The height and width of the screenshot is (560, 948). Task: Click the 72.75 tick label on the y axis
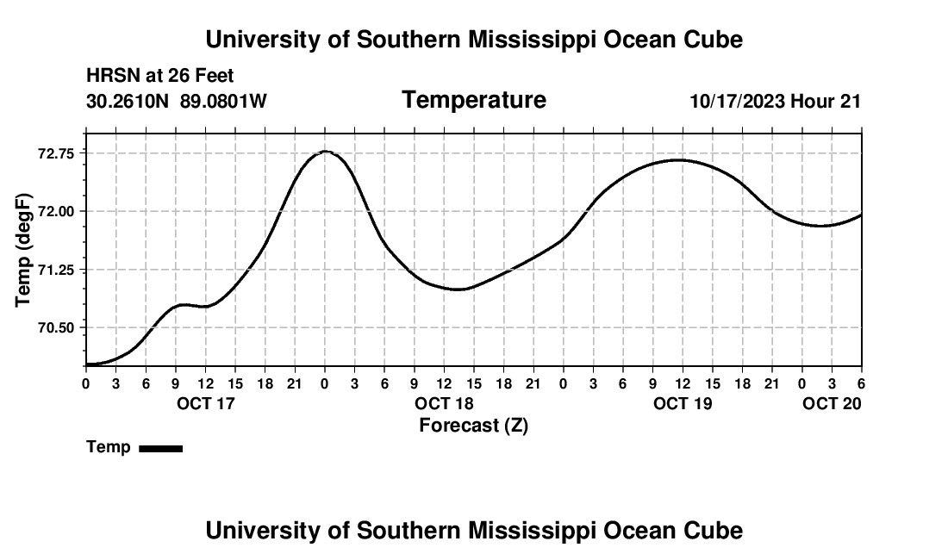[57, 153]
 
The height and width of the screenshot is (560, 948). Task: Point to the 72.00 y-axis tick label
[57, 211]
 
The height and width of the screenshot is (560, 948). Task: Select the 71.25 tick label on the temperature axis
[57, 270]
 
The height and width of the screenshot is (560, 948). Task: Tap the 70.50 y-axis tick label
[57, 327]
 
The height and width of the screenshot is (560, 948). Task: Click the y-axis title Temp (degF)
[24, 250]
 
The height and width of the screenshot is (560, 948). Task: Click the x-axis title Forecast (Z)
[473, 425]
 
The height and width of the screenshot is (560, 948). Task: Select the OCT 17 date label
[206, 403]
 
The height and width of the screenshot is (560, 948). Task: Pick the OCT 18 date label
[444, 403]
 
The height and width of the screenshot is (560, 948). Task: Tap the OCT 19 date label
[683, 403]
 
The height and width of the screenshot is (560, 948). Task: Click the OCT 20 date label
[833, 403]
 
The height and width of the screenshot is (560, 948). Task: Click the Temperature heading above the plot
[474, 100]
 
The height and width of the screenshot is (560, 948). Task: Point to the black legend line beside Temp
[160, 448]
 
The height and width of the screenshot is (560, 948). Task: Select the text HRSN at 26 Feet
[160, 77]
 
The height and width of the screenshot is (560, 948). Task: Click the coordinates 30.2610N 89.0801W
[177, 102]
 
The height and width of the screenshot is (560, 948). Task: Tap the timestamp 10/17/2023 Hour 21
[775, 102]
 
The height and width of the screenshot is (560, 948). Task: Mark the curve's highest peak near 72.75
[325, 152]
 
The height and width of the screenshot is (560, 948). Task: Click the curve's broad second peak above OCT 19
[679, 159]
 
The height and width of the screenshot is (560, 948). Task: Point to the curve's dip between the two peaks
[458, 289]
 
